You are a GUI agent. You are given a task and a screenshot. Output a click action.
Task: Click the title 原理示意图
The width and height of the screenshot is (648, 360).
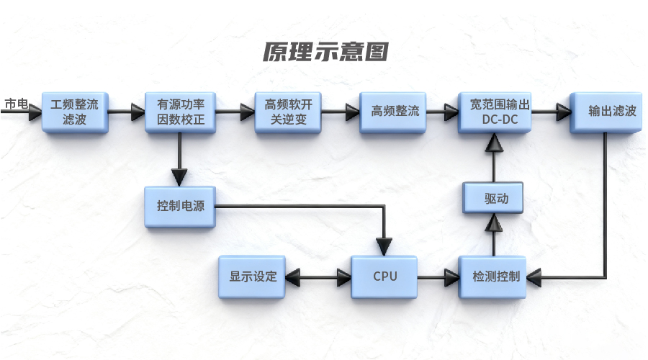(325, 52)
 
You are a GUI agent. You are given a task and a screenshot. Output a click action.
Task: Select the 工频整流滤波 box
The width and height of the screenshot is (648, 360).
(75, 112)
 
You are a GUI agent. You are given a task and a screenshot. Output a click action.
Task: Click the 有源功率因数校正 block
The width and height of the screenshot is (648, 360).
(180, 112)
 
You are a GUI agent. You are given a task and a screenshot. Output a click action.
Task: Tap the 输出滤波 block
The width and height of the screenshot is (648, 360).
(606, 112)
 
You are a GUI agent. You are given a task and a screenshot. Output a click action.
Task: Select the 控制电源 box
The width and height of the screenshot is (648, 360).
(180, 206)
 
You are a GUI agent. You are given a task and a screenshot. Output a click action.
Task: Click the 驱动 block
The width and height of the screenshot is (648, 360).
(493, 198)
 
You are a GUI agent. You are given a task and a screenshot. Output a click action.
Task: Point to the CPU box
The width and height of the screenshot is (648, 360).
(384, 276)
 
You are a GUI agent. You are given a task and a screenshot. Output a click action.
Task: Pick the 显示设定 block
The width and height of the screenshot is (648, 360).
(253, 276)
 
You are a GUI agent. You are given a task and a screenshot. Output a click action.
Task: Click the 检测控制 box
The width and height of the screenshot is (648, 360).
(494, 276)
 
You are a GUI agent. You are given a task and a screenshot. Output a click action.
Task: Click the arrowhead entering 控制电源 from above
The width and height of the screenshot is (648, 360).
(179, 177)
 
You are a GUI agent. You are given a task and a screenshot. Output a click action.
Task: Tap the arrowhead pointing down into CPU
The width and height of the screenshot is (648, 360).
(387, 249)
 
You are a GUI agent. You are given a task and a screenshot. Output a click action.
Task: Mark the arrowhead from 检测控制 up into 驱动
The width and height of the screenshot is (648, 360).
(493, 225)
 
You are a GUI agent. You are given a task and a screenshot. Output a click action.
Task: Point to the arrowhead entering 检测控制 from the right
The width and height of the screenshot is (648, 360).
(536, 276)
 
